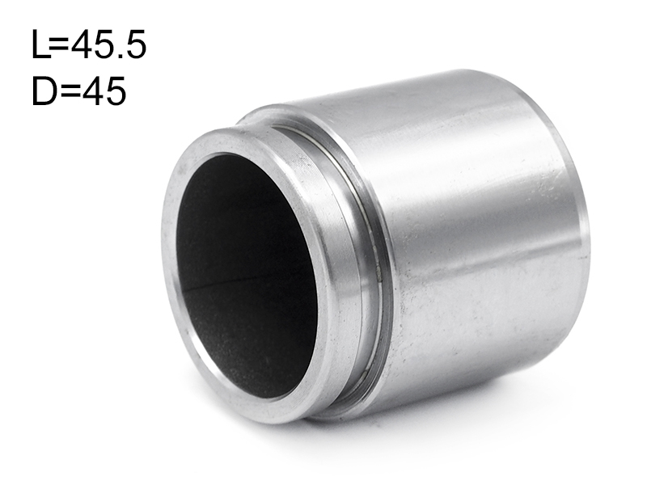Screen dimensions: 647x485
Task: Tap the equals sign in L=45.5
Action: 60,45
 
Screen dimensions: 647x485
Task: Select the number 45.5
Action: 108,44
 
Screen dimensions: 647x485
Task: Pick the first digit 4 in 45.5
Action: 82,44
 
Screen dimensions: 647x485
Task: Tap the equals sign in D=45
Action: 69,91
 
